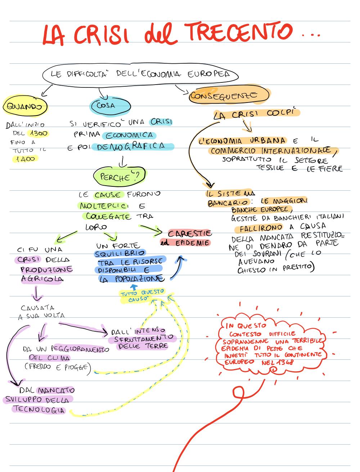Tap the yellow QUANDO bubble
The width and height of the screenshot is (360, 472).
click(25, 106)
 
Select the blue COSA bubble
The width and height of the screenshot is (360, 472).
click(111, 106)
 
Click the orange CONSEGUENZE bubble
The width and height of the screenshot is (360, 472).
click(229, 95)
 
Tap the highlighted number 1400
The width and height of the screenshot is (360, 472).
click(25, 159)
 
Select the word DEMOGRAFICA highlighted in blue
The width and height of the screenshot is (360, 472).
click(132, 146)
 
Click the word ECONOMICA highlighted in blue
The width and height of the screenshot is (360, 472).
click(129, 135)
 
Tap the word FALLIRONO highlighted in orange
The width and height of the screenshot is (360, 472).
click(261, 228)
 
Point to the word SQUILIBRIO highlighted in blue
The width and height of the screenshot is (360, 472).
click(120, 254)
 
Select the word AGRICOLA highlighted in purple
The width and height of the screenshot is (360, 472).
click(42, 279)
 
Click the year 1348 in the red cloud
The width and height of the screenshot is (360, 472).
click(285, 363)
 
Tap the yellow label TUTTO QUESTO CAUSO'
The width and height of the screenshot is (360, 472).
click(142, 295)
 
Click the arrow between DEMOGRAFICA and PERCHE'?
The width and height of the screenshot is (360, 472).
click(122, 161)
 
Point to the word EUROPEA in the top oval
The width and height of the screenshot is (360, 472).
click(208, 74)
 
